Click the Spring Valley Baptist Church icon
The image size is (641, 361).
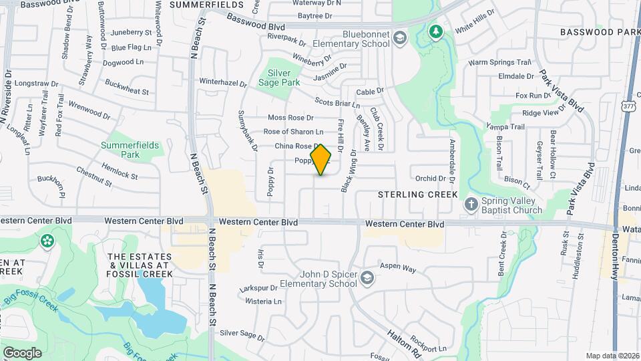tap(471, 203)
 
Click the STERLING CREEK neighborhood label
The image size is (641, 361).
tap(418, 195)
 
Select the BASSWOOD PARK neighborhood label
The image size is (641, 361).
tap(596, 32)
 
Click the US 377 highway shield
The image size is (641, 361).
tap(628, 106)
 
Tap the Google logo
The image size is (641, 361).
tap(22, 352)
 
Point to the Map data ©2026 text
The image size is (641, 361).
tap(612, 356)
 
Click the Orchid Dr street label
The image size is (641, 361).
tap(430, 178)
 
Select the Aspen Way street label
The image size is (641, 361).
tap(398, 269)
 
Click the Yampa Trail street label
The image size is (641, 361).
tap(505, 126)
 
